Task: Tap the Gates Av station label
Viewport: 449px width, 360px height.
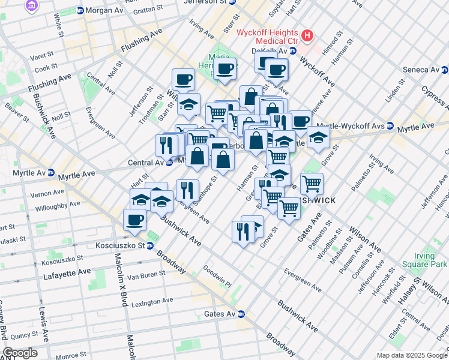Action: [x=224, y=314]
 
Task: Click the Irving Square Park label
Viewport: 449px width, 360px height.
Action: [x=431, y=260]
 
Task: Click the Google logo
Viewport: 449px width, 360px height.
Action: [x=20, y=353]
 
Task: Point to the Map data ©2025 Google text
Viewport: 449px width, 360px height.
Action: [x=411, y=355]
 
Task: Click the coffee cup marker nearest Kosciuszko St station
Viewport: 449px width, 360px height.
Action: [x=134, y=220]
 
